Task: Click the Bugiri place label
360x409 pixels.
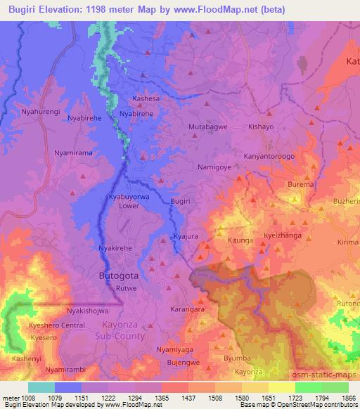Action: (x=181, y=202)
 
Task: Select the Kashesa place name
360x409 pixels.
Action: (x=146, y=99)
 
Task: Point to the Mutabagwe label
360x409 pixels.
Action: (x=207, y=127)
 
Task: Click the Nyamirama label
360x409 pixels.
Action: (x=74, y=152)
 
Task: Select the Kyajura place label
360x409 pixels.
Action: (x=186, y=238)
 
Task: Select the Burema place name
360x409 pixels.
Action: (x=300, y=185)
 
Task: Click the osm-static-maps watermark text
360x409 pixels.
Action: (x=327, y=377)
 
